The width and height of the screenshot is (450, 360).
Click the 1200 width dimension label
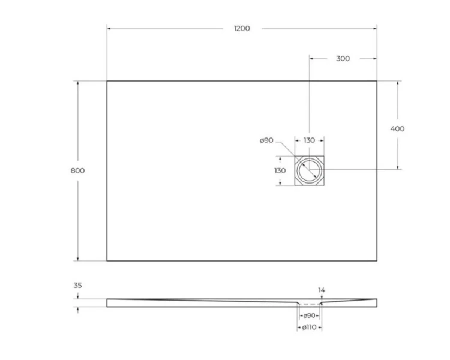point(242,28)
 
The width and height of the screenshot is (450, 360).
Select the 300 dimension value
point(343,58)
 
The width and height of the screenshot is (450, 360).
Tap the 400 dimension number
point(397,128)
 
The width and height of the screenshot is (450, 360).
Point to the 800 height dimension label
point(77,170)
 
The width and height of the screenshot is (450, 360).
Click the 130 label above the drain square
point(309,140)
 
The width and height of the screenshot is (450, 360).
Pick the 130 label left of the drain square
point(280,170)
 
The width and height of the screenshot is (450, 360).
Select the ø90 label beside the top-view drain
point(266,140)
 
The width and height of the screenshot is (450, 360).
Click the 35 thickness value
point(77,286)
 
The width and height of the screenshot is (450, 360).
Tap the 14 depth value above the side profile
point(322,290)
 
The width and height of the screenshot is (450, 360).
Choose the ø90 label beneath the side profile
point(309,316)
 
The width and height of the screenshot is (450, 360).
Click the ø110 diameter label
point(309,327)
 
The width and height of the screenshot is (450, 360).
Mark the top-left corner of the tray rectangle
point(107,81)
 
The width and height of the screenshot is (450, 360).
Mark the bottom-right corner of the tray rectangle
point(377,261)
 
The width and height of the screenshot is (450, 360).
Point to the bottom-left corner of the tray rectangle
point(107,261)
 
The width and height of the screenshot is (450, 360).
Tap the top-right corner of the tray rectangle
point(377,81)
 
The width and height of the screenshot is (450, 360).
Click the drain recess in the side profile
point(309,304)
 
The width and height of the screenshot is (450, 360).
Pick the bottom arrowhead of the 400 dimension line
point(397,168)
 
